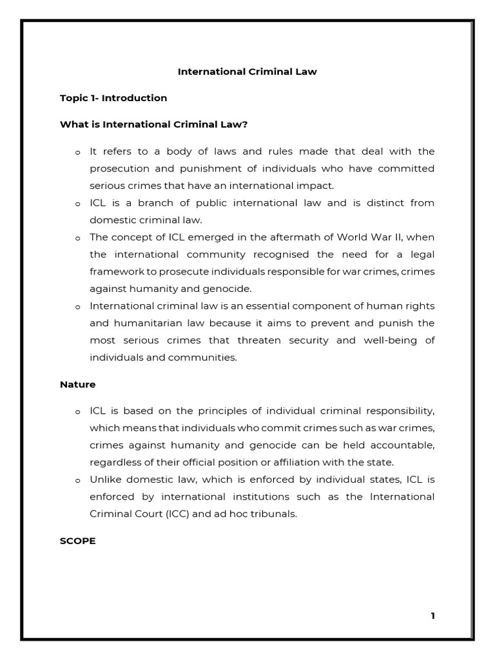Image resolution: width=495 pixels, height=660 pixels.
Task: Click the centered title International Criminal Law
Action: [x=247, y=72]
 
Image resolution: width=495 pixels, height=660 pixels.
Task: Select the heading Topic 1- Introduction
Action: [x=113, y=98]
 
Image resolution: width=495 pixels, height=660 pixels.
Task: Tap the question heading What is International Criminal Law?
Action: [x=153, y=124]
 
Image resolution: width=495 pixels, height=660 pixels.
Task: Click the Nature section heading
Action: [x=77, y=384]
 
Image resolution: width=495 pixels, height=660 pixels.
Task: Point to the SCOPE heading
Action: [x=77, y=541]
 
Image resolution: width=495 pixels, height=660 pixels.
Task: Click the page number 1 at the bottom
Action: [x=432, y=616]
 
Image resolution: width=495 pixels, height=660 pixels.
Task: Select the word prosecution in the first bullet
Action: [x=119, y=168]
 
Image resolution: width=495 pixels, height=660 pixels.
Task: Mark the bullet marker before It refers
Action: [x=77, y=152]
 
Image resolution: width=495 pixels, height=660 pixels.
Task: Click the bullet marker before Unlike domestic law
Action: [x=77, y=480]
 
